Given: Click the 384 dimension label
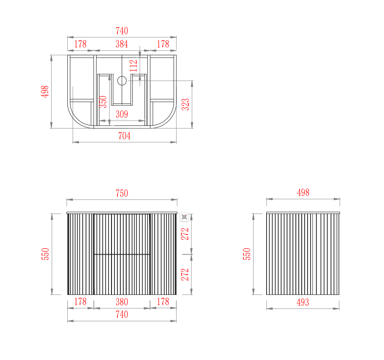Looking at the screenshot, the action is tap(122, 44).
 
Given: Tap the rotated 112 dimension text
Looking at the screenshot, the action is tap(134, 66).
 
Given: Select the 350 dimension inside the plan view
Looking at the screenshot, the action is tap(103, 102).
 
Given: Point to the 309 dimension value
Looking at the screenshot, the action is tap(122, 114).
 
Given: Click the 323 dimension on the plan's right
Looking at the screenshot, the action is tap(185, 104).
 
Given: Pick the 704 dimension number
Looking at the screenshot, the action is tap(124, 136).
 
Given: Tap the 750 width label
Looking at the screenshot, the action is tap(122, 194).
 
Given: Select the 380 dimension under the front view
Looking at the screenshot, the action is tap(122, 302).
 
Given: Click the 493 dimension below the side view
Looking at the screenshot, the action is tap(303, 303).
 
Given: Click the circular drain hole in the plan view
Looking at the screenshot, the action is tap(122, 80).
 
